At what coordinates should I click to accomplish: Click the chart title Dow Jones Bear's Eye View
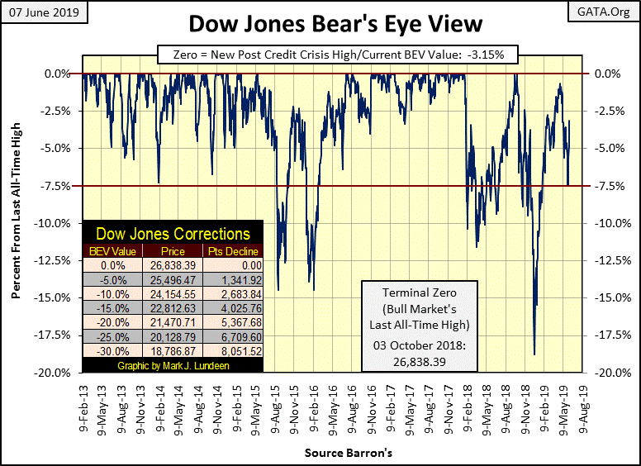point(320,24)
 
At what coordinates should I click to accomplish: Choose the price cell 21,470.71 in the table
point(179,321)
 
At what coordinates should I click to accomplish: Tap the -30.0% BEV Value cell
point(112,349)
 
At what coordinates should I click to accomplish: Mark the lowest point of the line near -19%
point(534,354)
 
